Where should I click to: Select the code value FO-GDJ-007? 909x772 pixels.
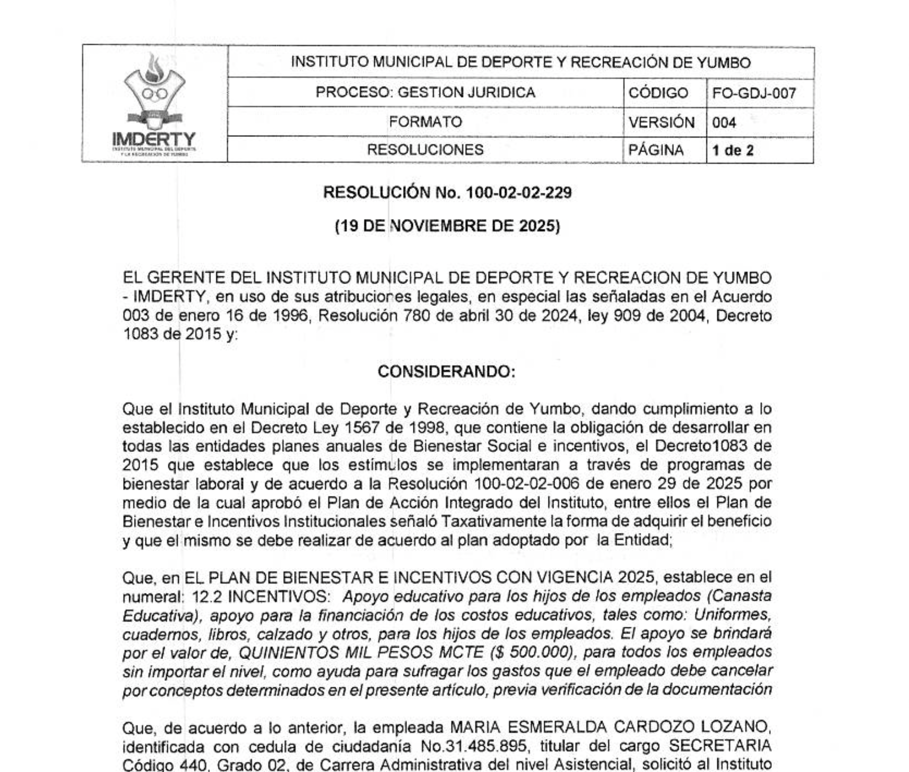(x=754, y=93)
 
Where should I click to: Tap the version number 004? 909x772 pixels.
(x=724, y=122)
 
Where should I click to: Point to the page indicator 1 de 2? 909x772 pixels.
(x=733, y=150)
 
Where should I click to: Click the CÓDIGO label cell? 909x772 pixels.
(x=658, y=93)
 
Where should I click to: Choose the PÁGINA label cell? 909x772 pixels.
(x=656, y=150)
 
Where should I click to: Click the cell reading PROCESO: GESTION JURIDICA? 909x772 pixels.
(x=425, y=93)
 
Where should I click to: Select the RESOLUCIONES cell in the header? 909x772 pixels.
(x=425, y=150)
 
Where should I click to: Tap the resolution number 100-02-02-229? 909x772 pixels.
(x=519, y=192)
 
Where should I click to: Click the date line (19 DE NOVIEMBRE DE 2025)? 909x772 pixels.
(x=448, y=226)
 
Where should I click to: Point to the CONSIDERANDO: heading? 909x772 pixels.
(x=447, y=372)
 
